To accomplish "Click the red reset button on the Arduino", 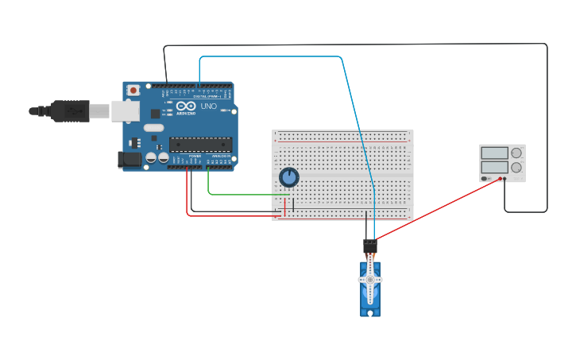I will tap(133, 90).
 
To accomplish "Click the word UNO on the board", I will tap(208, 106).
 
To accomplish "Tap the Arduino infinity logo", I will tap(186, 106).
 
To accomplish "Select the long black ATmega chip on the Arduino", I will tap(200, 145).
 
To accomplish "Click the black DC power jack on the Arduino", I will tap(130, 160).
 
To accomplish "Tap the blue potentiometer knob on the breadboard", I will tap(289, 176).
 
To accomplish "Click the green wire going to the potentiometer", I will tap(238, 193).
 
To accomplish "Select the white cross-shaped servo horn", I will tap(369, 280).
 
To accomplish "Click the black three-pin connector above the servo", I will tap(369, 246).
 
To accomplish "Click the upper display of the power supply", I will tap(493, 153).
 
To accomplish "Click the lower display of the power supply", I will tap(493, 168).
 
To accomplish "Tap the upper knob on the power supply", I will tap(516, 153).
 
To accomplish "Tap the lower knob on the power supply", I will tap(516, 168).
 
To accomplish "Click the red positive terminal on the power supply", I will tap(501, 179).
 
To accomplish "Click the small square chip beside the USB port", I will tap(155, 114).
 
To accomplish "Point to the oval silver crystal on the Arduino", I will tap(154, 127).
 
